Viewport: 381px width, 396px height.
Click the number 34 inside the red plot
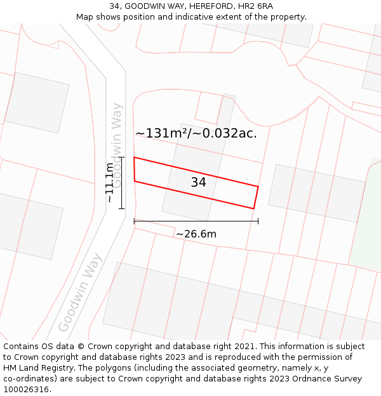198,182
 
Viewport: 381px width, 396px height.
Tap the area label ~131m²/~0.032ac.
196,134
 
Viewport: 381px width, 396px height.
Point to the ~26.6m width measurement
196,234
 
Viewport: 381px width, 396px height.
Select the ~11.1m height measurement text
110,182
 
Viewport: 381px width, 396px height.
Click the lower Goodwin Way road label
80,293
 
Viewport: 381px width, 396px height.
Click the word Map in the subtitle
85,17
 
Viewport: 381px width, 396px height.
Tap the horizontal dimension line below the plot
196,221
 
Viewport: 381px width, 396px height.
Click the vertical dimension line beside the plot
121,182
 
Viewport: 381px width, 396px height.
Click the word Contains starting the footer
22,347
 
